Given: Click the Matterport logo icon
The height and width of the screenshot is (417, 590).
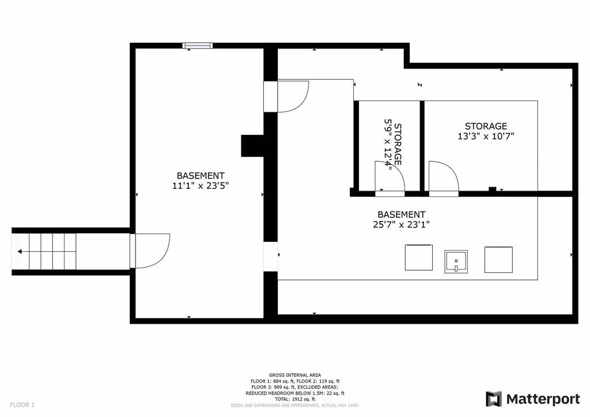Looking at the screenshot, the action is click(493, 399).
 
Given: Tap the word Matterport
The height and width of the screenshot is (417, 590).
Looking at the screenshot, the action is click(543, 399).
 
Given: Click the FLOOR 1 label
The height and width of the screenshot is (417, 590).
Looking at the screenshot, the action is click(22, 405).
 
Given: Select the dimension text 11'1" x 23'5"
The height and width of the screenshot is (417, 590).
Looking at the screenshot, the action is click(201, 185).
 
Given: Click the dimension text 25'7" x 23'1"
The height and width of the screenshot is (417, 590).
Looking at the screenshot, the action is click(402, 225).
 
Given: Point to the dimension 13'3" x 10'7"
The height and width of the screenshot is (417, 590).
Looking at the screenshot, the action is click(486, 136).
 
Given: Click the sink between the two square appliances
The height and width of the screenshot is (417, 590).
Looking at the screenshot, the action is click(456, 261).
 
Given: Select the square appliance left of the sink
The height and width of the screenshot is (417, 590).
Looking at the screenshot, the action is click(419, 257).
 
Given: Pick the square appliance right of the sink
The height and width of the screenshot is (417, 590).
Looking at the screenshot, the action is click(498, 259).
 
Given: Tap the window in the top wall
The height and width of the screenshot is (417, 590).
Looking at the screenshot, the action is click(198, 46).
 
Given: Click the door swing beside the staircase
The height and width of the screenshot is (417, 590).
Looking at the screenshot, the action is click(150, 251).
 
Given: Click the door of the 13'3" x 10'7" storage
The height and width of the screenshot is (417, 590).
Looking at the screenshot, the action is click(444, 179).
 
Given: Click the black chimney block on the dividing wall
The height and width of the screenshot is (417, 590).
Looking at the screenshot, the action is click(252, 146).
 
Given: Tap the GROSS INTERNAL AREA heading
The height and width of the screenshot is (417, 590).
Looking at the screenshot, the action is click(295, 375).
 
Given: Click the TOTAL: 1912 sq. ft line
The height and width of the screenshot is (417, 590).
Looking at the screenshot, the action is click(295, 399).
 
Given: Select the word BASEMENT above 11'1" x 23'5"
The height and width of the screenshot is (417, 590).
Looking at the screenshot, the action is click(201, 176).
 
